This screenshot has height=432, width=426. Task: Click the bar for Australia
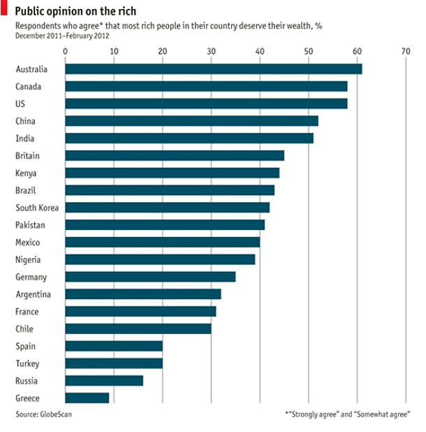tap(213, 69)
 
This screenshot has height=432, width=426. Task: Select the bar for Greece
tap(87, 398)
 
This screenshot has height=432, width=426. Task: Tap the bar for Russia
tap(103, 380)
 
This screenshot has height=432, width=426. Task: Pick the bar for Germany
tap(149, 277)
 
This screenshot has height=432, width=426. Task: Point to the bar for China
tap(191, 121)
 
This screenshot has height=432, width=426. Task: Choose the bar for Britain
tap(174, 155)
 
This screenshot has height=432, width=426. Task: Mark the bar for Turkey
tap(113, 363)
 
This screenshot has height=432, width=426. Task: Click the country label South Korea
tap(37, 208)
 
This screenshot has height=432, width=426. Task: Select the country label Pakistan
tap(31, 225)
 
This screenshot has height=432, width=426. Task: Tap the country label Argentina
tap(33, 294)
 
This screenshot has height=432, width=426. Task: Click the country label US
tap(20, 103)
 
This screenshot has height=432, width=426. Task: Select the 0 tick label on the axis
tap(65, 51)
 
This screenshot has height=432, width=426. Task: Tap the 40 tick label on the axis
tap(260, 51)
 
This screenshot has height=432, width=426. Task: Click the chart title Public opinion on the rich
tap(76, 11)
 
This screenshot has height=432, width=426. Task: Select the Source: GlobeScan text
tap(44, 415)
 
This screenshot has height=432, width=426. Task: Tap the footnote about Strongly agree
tap(347, 415)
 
